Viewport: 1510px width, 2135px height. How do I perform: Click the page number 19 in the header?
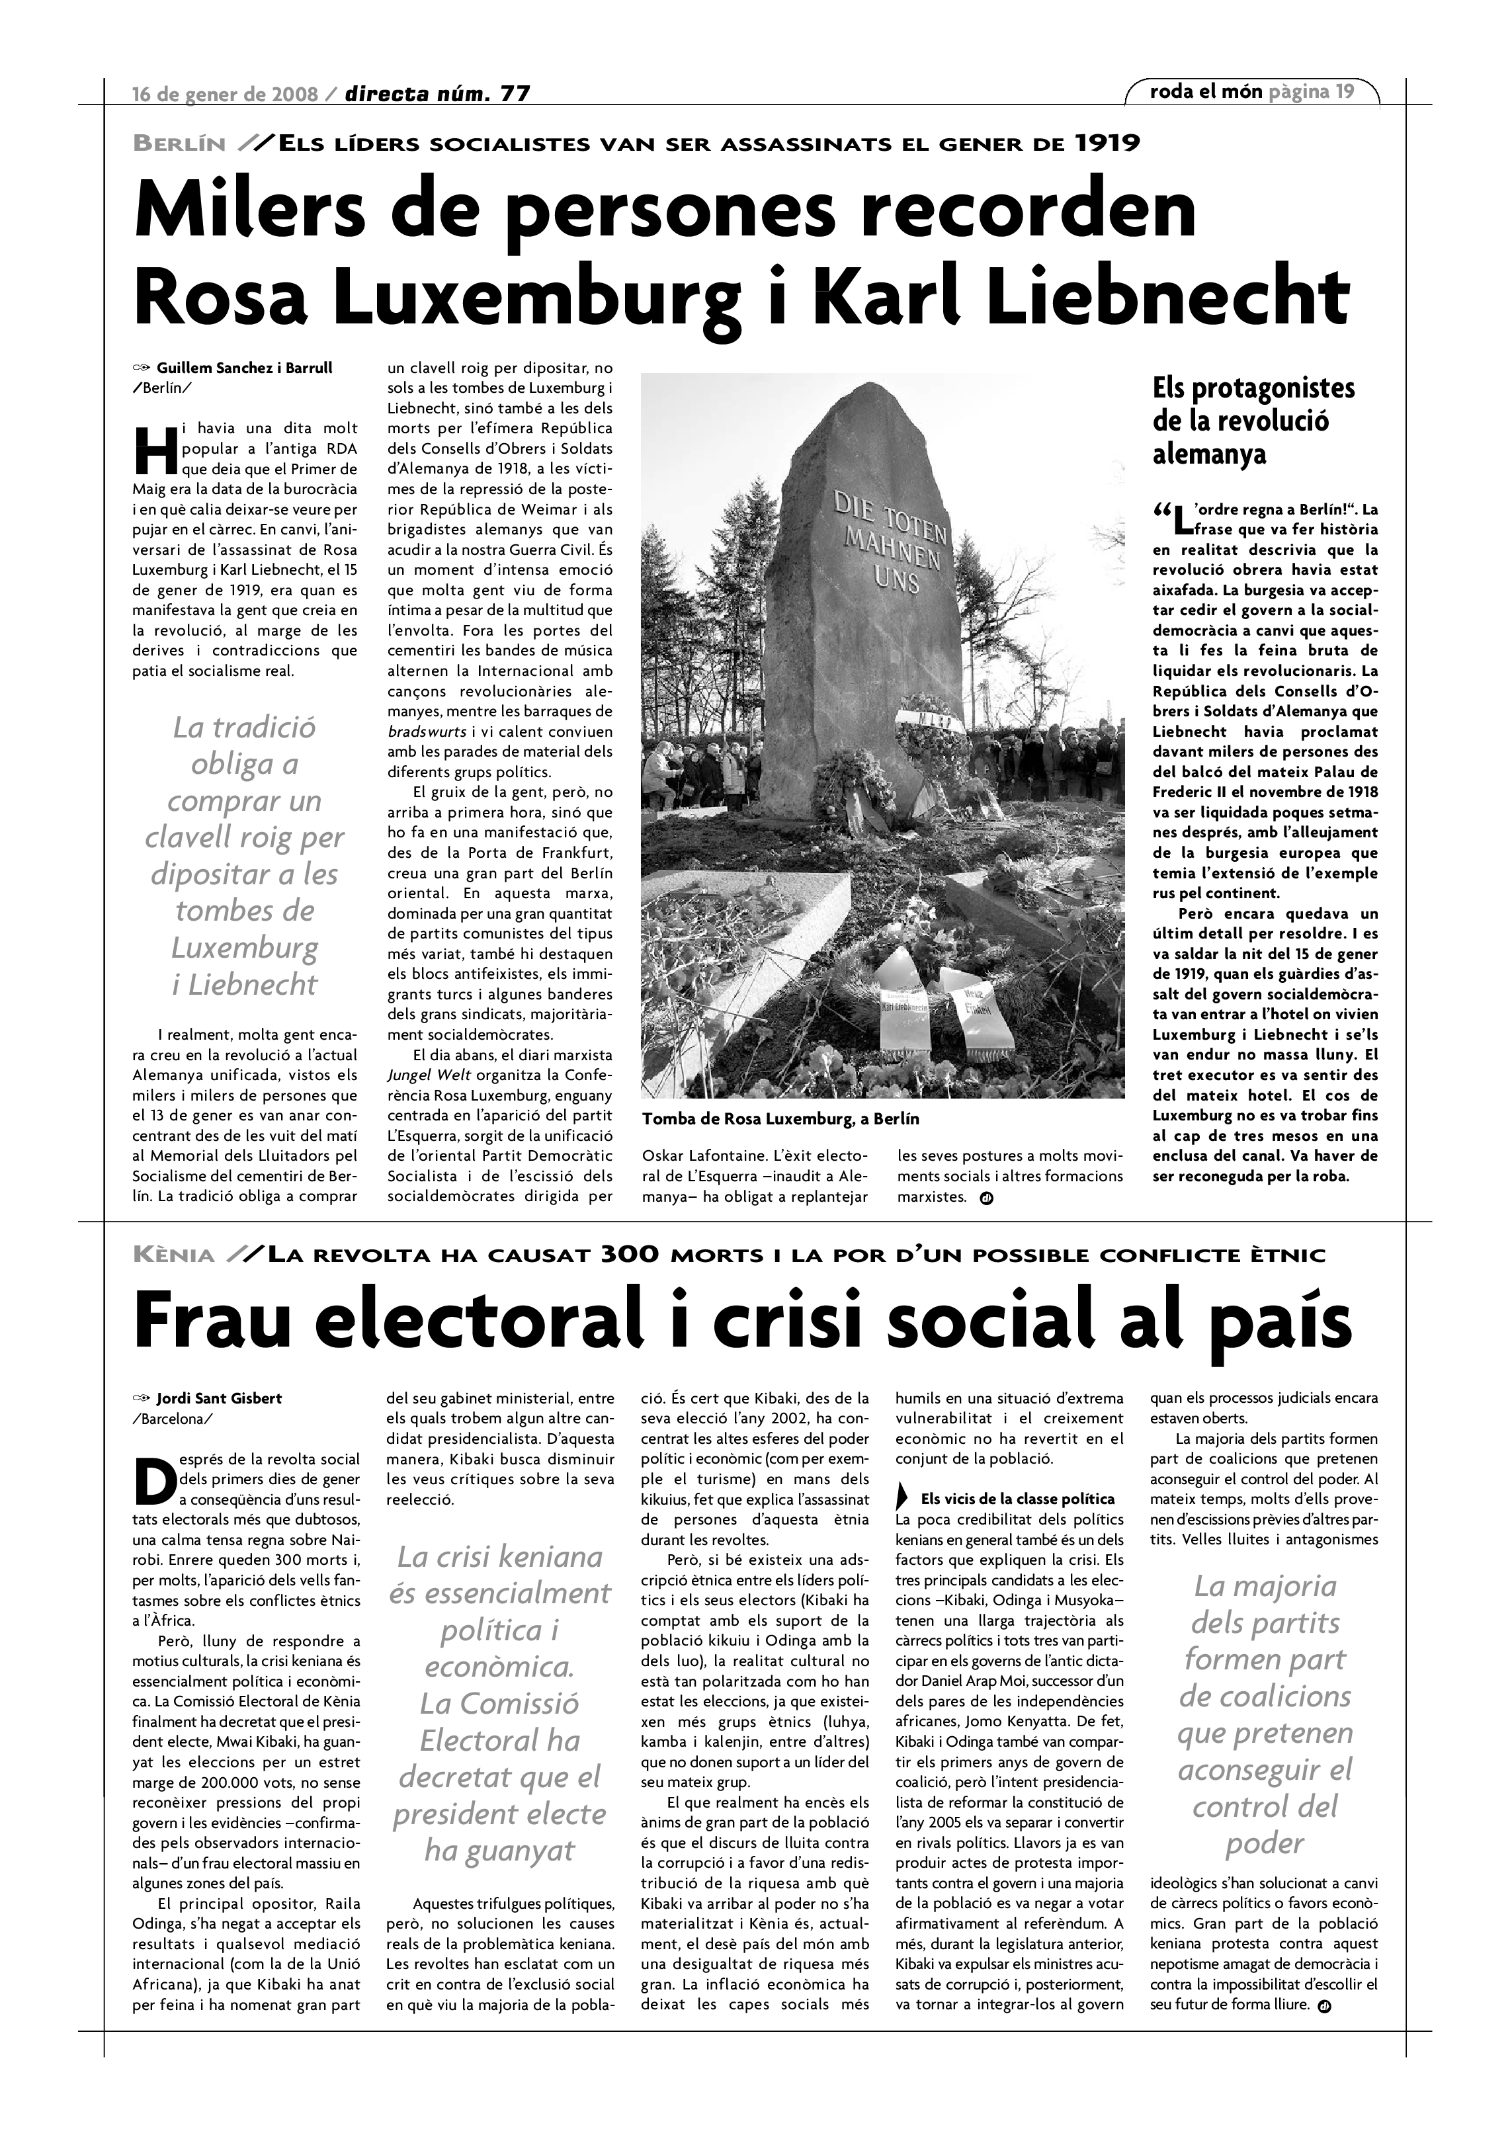click(1345, 91)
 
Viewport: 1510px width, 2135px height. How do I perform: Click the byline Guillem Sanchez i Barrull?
click(243, 368)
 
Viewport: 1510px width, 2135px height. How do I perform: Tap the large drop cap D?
click(153, 1480)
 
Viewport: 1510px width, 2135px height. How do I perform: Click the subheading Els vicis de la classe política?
click(1017, 1499)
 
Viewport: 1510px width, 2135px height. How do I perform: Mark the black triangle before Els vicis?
click(902, 1499)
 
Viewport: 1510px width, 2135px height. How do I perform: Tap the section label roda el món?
click(1206, 91)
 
